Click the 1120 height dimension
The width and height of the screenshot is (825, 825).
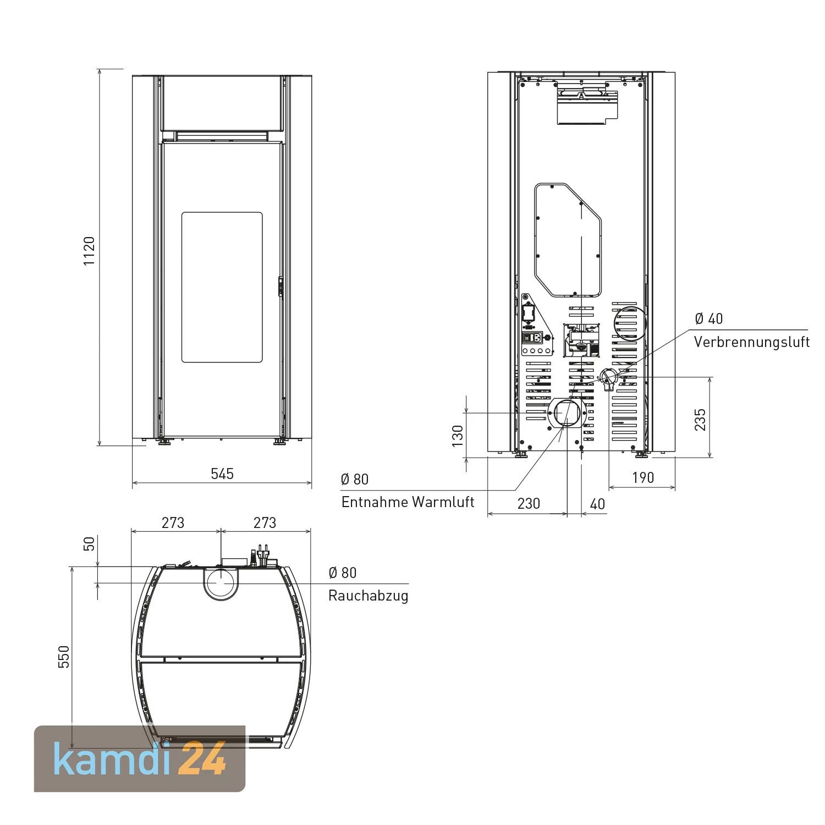click(x=89, y=251)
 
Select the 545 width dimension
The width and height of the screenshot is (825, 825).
click(x=222, y=474)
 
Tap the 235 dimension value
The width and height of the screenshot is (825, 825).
click(x=700, y=420)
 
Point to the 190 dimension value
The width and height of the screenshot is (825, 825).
click(x=642, y=477)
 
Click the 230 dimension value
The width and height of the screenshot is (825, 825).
click(x=529, y=503)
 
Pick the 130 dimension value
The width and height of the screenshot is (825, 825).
click(x=458, y=436)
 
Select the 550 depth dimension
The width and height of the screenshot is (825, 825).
click(x=64, y=657)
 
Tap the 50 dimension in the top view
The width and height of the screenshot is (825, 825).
click(x=89, y=543)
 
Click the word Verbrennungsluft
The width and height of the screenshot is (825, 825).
click(x=752, y=342)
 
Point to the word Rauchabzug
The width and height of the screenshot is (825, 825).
click(x=369, y=596)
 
